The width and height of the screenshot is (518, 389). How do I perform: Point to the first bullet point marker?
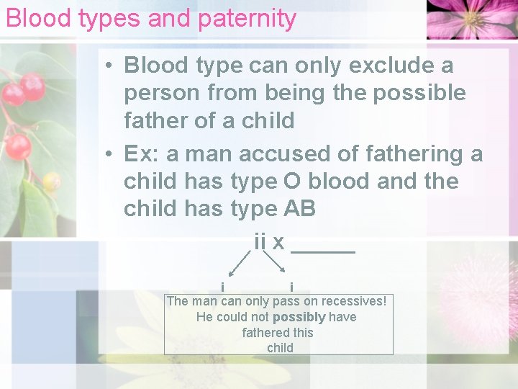coord(106,66)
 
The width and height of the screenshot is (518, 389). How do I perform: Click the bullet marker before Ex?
coord(106,155)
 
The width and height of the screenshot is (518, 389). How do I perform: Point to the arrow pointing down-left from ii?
coord(238,264)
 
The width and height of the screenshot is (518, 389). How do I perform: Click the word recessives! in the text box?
coord(354,301)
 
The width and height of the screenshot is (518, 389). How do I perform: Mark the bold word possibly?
coord(299,317)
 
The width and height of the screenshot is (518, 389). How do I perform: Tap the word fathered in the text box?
coord(263,333)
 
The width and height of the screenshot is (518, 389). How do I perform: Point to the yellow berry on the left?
coord(51,181)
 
